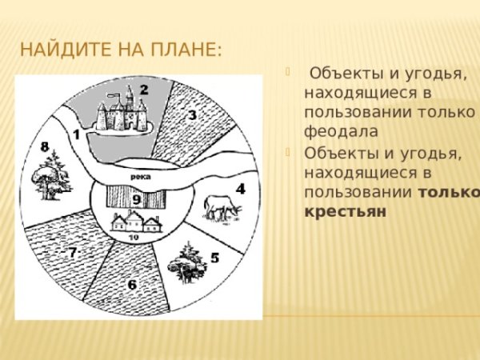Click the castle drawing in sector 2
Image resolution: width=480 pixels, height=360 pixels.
pyautogui.click(x=121, y=112)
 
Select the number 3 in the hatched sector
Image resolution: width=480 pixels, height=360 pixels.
pyautogui.click(x=193, y=115)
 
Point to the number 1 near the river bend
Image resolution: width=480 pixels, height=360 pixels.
pyautogui.click(x=76, y=134)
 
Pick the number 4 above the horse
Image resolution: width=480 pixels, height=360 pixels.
pyautogui.click(x=240, y=190)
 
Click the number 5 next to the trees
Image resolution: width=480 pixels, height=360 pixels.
pyautogui.click(x=214, y=258)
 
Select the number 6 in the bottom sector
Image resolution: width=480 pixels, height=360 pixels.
pyautogui.click(x=133, y=285)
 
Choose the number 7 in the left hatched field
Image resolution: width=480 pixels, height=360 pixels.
pyautogui.click(x=72, y=253)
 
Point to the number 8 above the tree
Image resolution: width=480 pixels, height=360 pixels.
pyautogui.click(x=45, y=146)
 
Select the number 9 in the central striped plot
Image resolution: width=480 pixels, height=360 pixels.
pyautogui.click(x=137, y=198)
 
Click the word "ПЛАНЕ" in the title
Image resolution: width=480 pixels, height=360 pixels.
pyautogui.click(x=182, y=51)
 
